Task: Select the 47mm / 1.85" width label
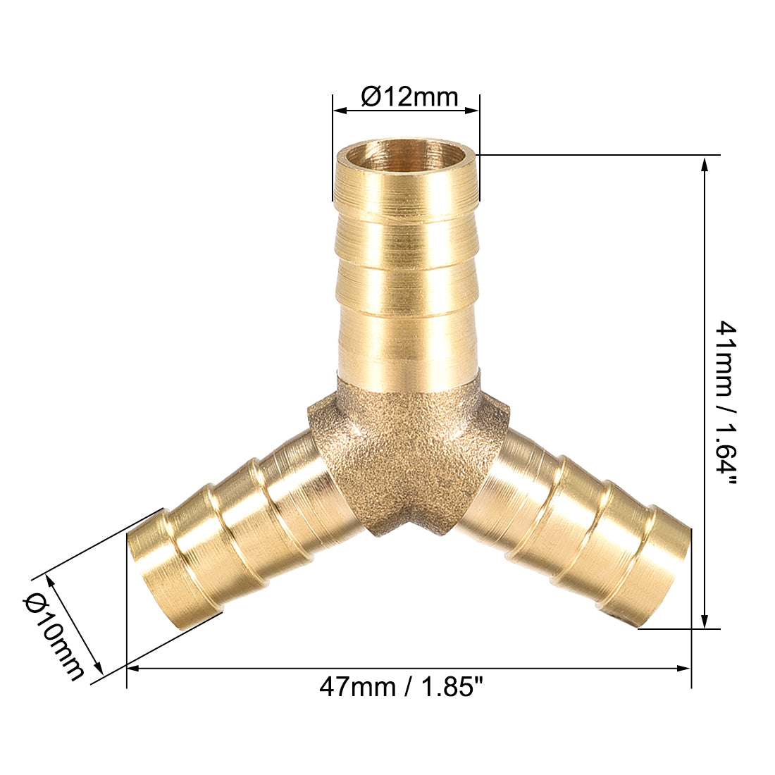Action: pos(402,686)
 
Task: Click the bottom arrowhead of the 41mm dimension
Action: pos(704,621)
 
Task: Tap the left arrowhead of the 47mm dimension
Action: pos(132,667)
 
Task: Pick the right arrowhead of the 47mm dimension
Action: pos(684,667)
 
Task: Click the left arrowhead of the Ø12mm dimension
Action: pos(339,110)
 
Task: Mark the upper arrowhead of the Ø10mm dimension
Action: pos(49,579)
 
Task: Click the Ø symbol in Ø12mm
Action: pos(371,97)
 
